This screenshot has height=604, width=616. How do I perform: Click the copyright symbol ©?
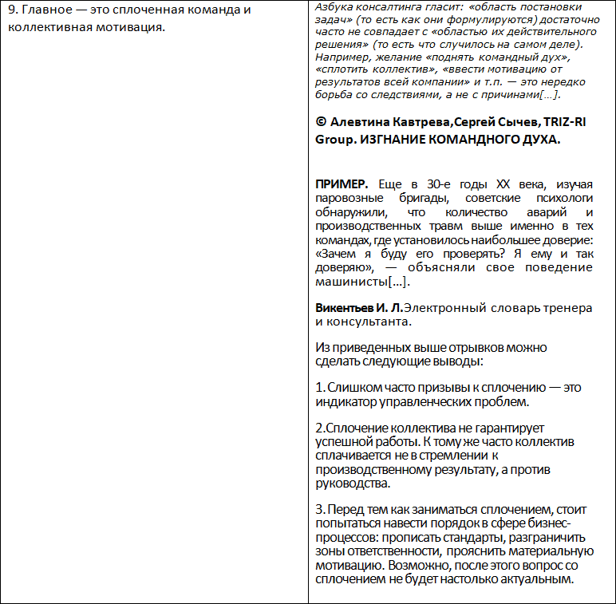coord(321,123)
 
